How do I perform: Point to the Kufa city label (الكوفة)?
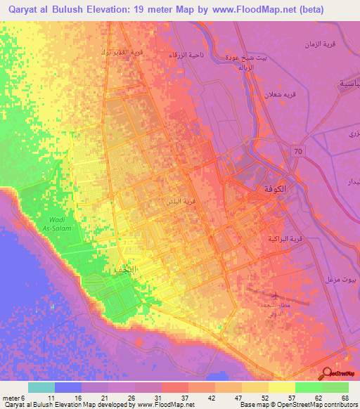click(x=277, y=189)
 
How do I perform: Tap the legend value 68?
click(x=344, y=398)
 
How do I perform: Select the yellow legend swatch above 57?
click(x=282, y=387)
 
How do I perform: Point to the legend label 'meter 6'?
click(x=12, y=398)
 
